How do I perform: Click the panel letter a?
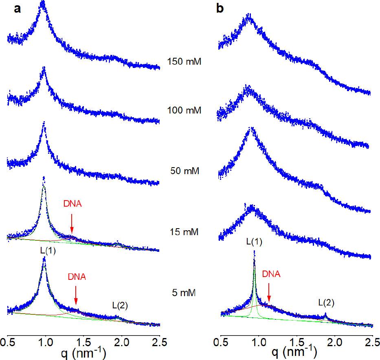(18, 9)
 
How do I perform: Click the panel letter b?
(220, 9)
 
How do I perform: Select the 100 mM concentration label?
(185, 110)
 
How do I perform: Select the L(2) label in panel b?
(326, 302)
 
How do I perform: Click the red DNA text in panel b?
(271, 274)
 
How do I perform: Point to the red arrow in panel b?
(269, 291)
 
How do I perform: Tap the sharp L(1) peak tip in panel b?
(254, 251)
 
